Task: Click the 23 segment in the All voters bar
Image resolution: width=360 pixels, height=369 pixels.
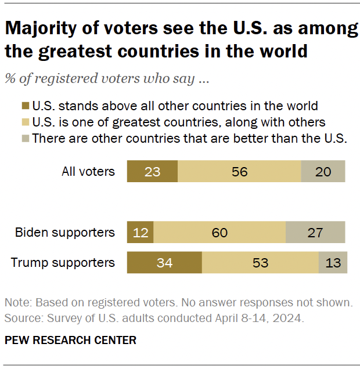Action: pos(152,172)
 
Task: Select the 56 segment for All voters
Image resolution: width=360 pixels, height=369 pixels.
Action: pos(239,172)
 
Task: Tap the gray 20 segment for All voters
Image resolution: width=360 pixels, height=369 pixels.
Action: pos(323,172)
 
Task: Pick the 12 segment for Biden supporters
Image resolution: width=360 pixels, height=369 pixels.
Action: pos(140,232)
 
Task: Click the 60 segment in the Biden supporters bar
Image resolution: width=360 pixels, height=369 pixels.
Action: pos(219,232)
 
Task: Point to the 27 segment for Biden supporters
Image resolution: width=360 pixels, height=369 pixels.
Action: pos(315,232)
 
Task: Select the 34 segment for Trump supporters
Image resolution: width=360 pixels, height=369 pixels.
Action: pos(164,262)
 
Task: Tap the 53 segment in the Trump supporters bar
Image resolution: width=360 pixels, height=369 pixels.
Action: pos(260,262)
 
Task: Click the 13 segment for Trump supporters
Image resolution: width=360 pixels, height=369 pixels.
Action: pos(333,262)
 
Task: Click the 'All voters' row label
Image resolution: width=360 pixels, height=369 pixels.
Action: pos(88,172)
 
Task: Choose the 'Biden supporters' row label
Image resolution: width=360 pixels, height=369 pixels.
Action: pos(65,232)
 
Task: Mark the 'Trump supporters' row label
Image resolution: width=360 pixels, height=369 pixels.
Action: pos(63,262)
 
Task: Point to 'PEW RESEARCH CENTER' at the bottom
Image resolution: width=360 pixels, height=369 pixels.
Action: pos(70,341)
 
